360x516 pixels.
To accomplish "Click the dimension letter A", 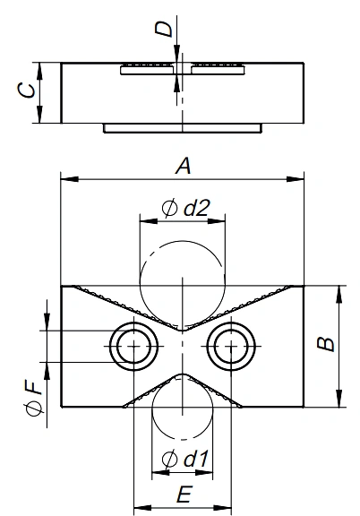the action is [184, 166].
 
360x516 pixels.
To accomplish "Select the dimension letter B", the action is [325, 344].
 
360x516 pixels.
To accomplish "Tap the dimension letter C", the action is [26, 90].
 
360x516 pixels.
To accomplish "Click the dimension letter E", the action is [184, 494].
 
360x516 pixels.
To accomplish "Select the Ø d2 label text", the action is [185, 208].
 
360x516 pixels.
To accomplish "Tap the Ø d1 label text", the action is [185, 459].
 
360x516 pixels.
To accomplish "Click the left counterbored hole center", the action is [134, 346].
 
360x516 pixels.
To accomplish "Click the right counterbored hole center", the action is [231, 346].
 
